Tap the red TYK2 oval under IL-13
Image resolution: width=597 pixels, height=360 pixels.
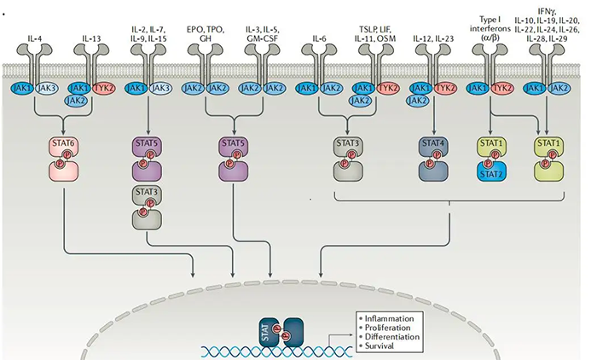click(103, 87)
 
